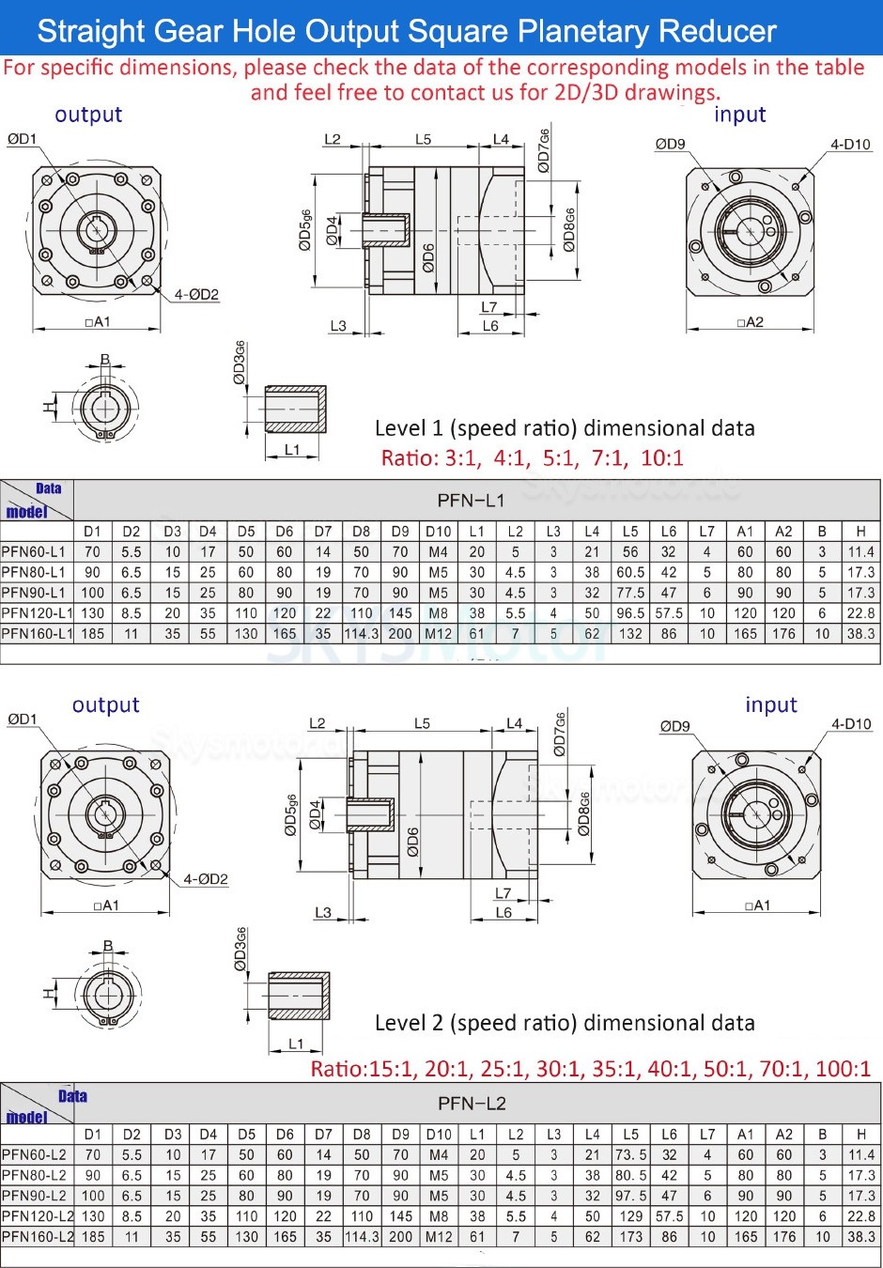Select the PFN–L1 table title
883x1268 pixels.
(x=471, y=500)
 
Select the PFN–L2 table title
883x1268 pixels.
(x=472, y=1103)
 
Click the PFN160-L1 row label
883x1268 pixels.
(x=37, y=634)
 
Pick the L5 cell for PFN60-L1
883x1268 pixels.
(x=630, y=552)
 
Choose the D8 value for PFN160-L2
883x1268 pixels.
(x=362, y=1237)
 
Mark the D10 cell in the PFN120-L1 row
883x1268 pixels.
(x=438, y=613)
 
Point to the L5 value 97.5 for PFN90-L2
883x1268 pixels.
(x=630, y=1196)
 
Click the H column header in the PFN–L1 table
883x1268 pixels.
(x=860, y=531)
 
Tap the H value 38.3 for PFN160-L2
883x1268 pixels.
(x=860, y=1237)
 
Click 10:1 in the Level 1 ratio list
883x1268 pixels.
(x=662, y=458)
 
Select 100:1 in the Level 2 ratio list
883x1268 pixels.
(x=841, y=1069)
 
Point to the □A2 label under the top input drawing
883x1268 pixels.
(x=751, y=322)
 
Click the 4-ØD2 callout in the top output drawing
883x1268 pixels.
(x=196, y=295)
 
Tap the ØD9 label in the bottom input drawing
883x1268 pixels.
(x=674, y=726)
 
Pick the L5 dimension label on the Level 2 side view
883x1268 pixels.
(x=422, y=723)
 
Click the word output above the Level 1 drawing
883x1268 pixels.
(x=88, y=115)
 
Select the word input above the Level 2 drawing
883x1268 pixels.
(x=770, y=705)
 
